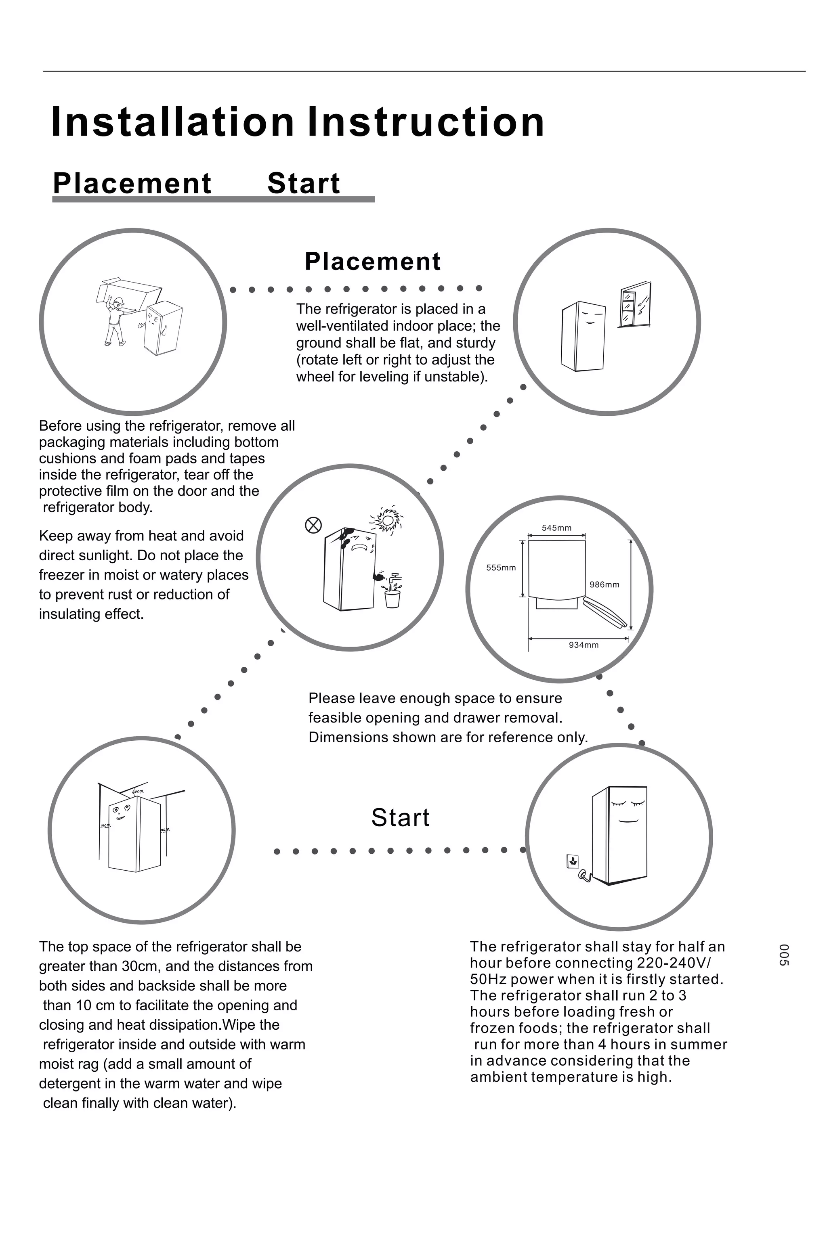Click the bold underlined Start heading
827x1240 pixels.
pyautogui.click(x=303, y=184)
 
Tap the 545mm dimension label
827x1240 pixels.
pyautogui.click(x=556, y=528)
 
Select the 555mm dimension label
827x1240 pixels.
pyautogui.click(x=501, y=568)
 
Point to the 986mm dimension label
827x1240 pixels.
pyautogui.click(x=604, y=584)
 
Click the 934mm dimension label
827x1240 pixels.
pyautogui.click(x=584, y=645)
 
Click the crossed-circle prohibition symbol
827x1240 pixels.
pyautogui.click(x=313, y=525)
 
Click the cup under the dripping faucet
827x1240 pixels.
pyautogui.click(x=393, y=599)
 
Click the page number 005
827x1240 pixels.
pyautogui.click(x=784, y=955)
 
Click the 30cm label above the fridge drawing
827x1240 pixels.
pyautogui.click(x=138, y=792)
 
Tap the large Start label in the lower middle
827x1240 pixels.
pyautogui.click(x=400, y=818)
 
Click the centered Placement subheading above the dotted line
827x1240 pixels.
pyautogui.click(x=372, y=262)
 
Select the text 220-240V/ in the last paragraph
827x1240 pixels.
pyautogui.click(x=674, y=963)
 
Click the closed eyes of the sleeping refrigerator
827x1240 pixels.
pyautogui.click(x=628, y=804)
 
